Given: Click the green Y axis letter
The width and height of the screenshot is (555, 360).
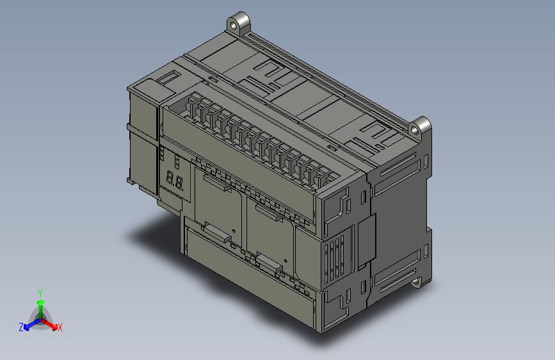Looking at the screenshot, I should coord(40,292).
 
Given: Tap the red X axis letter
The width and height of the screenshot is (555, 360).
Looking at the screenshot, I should coord(60,327).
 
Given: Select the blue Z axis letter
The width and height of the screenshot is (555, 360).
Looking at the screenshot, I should coord(21,327).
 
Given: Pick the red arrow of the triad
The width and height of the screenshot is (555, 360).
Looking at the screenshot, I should coord(52,323).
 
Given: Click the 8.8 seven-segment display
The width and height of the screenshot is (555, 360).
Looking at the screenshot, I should coord(175,181).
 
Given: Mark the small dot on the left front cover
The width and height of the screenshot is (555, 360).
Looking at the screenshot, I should coord(234,230).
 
